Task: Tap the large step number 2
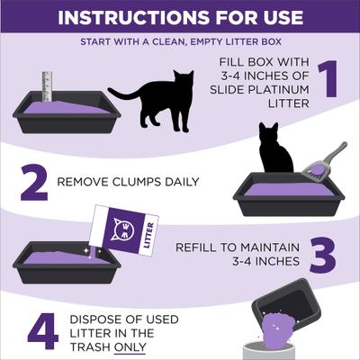[x=33, y=183]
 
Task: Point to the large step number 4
[x=42, y=329]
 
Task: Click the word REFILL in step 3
[x=196, y=246]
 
